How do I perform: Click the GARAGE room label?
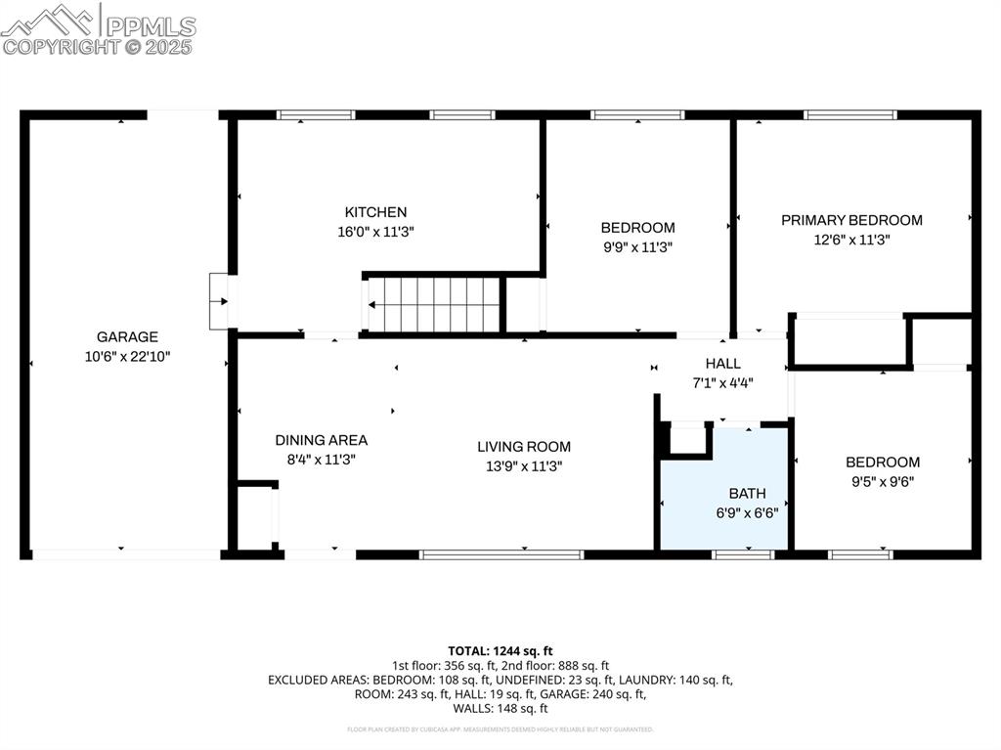pos(127,337)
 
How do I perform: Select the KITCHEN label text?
pos(375,212)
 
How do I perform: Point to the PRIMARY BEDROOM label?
pos(851,220)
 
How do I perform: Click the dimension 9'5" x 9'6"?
pos(883,481)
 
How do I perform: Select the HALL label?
pos(722,364)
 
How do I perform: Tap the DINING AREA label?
pos(321,440)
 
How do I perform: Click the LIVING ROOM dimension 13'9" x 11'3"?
pos(524,466)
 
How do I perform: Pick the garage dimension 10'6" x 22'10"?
pos(127,357)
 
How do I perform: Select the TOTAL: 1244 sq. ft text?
pos(500,650)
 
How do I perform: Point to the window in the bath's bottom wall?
pos(743,554)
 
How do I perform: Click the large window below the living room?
pos(501,554)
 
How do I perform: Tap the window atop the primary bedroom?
pos(849,114)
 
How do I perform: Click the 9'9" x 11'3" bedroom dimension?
pos(637,247)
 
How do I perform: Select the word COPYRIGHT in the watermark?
pos(61,46)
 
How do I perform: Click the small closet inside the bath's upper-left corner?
pos(688,439)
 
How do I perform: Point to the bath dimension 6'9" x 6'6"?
pos(747,512)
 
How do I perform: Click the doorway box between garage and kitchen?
pos(219,301)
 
